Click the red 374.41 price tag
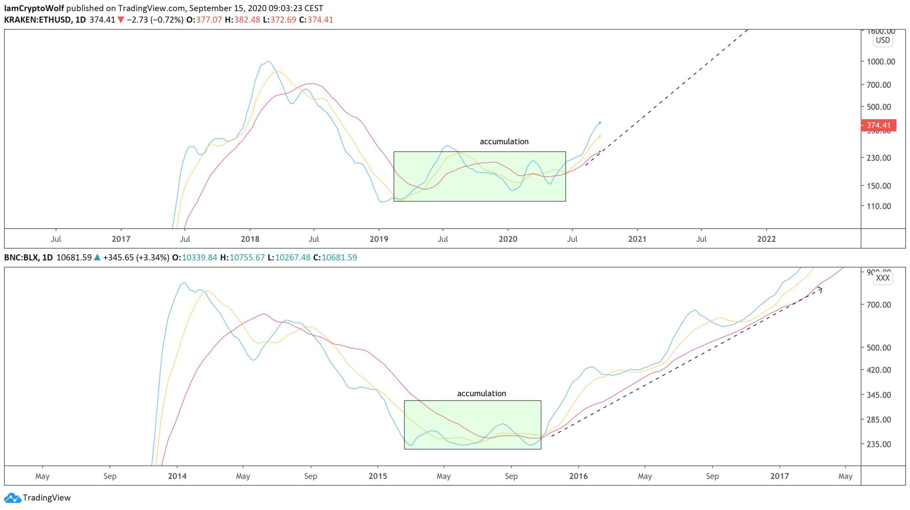click(x=878, y=125)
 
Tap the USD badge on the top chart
click(x=883, y=40)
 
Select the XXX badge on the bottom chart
click(x=883, y=278)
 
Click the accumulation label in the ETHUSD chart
click(x=504, y=142)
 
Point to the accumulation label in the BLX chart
click(x=481, y=393)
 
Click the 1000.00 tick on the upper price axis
click(x=881, y=62)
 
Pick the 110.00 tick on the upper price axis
click(x=879, y=206)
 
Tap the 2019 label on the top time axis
click(x=379, y=239)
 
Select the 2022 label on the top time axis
click(x=766, y=239)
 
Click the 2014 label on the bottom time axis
click(x=177, y=476)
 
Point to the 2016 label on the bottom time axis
click(x=578, y=476)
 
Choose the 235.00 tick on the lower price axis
click(x=879, y=444)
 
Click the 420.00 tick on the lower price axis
click(x=879, y=370)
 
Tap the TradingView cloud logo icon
click(x=13, y=498)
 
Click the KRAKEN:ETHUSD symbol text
click(x=37, y=20)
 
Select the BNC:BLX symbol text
click(x=21, y=257)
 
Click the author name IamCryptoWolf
click(x=34, y=8)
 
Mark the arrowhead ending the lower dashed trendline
click(x=821, y=289)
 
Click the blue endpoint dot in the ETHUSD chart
click(x=600, y=123)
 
